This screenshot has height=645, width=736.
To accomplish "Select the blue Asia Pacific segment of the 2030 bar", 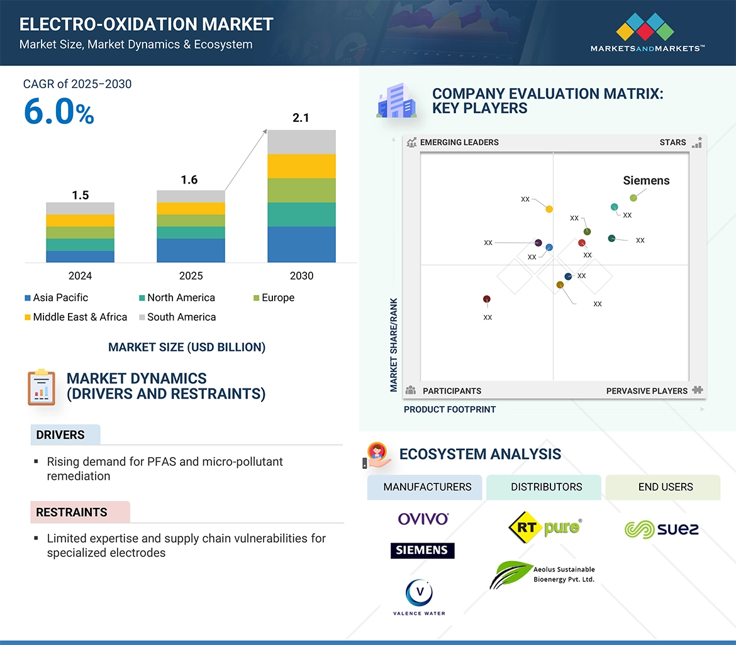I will [301, 245].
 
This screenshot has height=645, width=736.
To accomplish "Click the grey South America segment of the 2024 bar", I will [80, 208].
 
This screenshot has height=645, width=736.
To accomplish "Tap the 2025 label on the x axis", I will [191, 276].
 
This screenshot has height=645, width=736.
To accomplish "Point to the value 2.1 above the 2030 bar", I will [301, 118].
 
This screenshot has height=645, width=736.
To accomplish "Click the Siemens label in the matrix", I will [646, 180].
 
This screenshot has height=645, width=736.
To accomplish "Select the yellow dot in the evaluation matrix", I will [549, 209].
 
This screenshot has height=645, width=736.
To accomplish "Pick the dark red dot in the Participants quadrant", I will [486, 299].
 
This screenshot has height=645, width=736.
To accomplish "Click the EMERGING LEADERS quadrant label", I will [459, 142].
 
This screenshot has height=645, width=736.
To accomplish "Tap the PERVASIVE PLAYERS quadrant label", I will [647, 391].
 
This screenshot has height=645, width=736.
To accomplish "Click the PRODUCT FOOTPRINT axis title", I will [450, 409].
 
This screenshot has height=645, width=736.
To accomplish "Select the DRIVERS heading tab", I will [60, 435].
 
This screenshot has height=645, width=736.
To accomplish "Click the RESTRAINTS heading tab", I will [72, 512].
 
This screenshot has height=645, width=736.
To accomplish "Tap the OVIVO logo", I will [423, 519].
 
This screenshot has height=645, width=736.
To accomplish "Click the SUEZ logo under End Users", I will [661, 529].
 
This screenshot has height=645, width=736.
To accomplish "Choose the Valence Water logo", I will [419, 597].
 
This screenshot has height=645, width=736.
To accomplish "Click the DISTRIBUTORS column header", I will [546, 487].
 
